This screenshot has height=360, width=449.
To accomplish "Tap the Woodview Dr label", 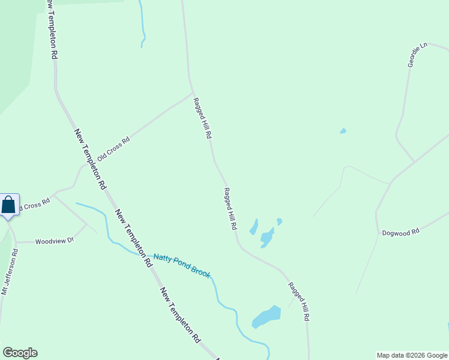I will (54, 241).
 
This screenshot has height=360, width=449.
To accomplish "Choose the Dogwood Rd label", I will (400, 232).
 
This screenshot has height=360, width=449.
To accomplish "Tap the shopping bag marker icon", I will (9, 205).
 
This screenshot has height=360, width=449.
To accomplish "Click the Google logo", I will (20, 353).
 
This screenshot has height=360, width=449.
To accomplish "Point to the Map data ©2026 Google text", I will (412, 355).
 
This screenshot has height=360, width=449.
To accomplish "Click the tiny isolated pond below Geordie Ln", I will (343, 131).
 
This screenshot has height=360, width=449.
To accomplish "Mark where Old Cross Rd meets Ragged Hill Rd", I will (193, 93).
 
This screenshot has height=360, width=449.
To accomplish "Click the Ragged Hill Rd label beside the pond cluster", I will (231, 209).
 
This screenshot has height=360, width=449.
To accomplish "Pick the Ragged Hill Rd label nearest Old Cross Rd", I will (202, 119).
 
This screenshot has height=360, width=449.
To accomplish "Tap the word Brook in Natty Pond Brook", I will (200, 271).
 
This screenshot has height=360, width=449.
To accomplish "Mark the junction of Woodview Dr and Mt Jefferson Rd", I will (16, 242).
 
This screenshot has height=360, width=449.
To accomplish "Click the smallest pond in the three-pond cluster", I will (279, 221).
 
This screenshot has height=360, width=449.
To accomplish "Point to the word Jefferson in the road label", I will (10, 271).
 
